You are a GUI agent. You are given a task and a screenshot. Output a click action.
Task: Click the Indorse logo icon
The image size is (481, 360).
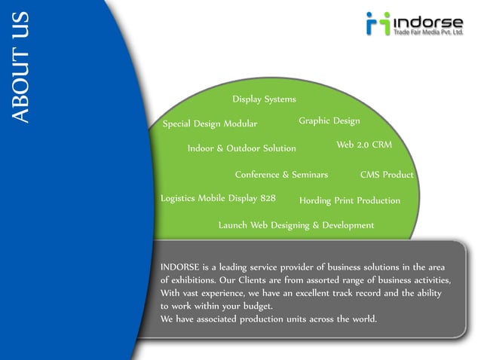[x=377, y=24]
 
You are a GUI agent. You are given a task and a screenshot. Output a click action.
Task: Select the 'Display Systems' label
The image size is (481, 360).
[x=264, y=99]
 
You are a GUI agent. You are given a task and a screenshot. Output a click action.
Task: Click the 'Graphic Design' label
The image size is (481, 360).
[x=329, y=121]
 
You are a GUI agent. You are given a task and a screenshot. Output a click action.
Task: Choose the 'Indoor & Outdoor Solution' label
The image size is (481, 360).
[x=241, y=148]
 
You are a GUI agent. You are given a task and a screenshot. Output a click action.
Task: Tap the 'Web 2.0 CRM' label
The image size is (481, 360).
[x=364, y=144]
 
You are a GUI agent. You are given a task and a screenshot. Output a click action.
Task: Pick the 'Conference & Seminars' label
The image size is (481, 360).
[x=281, y=175]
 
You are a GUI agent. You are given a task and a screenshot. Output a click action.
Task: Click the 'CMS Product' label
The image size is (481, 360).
[x=387, y=175]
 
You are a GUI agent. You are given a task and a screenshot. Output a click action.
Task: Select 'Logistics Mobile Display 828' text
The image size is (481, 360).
[x=218, y=199]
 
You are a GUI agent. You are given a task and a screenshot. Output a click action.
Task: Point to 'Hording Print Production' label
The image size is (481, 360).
[x=349, y=201]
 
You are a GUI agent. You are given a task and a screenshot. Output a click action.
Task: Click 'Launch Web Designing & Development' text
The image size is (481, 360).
[x=296, y=225]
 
